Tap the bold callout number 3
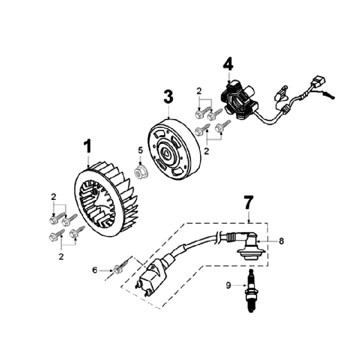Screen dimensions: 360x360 168,96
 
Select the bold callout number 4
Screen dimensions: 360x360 228,64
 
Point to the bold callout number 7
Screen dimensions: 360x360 248,203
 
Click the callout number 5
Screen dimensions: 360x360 140,149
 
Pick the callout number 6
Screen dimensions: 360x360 95,270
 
